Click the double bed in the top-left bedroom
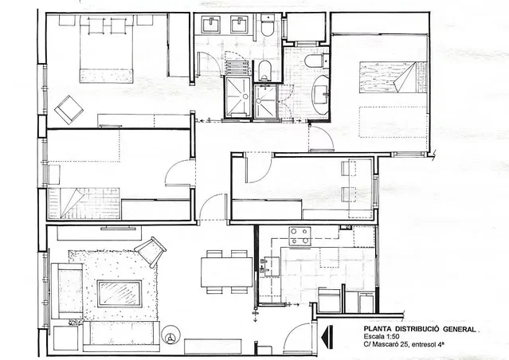coord(106,49)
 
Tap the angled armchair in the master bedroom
coord(69,110)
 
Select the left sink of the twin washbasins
coord(210,25)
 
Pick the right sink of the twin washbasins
coord(240,25)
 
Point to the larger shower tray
coord(237,97)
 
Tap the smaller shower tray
coord(265,102)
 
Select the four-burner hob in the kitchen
coord(300,236)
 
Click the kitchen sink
coord(270,266)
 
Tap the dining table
coord(226,272)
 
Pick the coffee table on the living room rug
coord(119,293)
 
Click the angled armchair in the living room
coord(151,252)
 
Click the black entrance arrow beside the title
coord(327,337)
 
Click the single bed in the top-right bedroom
coord(393,77)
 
